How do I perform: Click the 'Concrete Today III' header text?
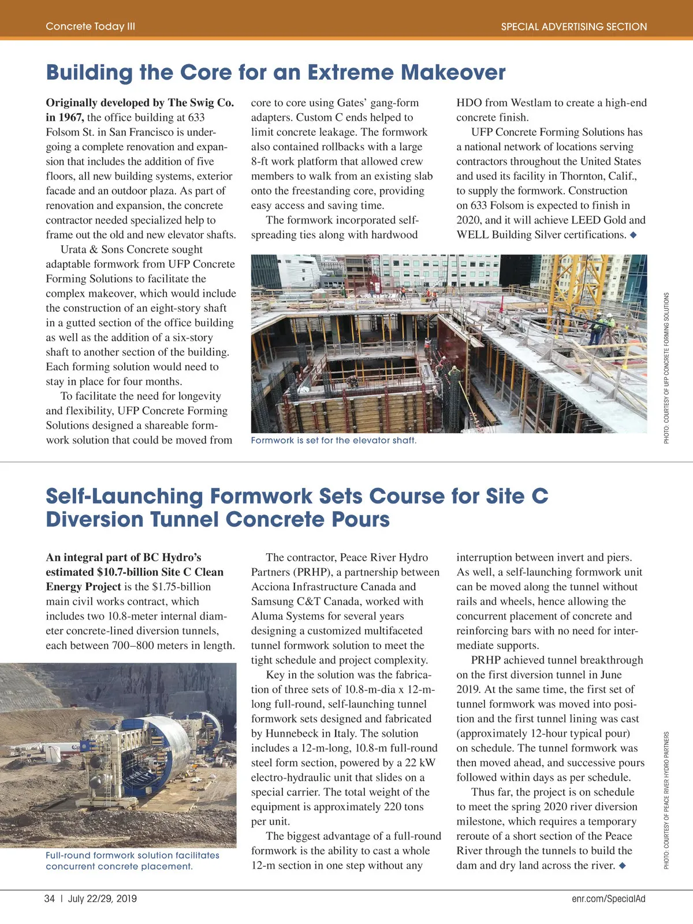(x=90, y=26)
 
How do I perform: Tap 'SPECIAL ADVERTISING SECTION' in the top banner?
(x=573, y=27)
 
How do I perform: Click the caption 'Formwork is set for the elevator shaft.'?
(x=333, y=441)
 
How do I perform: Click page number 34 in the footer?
(x=50, y=899)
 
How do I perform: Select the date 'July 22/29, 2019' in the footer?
(x=102, y=899)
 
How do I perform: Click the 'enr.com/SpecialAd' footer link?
(x=608, y=899)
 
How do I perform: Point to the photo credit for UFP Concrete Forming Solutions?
(x=666, y=368)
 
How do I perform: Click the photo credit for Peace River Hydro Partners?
(x=666, y=800)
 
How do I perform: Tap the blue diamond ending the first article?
(x=634, y=235)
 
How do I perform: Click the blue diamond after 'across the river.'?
(x=622, y=866)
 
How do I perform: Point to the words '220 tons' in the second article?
(x=404, y=807)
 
